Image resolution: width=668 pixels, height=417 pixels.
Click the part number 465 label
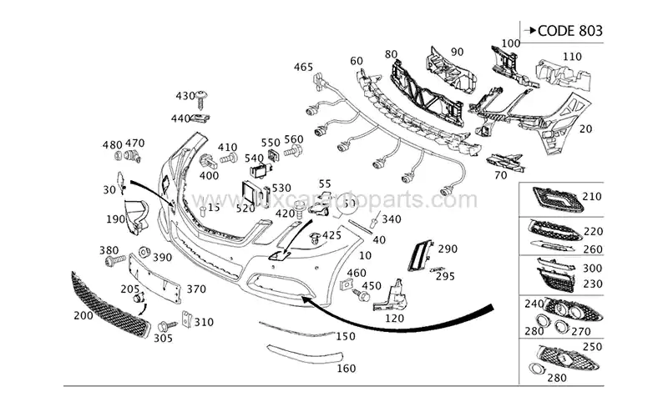click(x=302, y=67)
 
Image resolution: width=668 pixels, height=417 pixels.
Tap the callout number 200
click(x=83, y=316)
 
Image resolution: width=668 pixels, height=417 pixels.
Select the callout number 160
click(x=345, y=368)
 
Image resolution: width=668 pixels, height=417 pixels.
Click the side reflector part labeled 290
click(x=417, y=254)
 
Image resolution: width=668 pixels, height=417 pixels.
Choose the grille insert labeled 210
click(x=555, y=198)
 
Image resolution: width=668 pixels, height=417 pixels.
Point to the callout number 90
click(x=456, y=53)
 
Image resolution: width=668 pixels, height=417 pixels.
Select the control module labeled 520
click(x=252, y=193)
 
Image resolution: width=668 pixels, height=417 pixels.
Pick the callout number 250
click(x=591, y=345)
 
